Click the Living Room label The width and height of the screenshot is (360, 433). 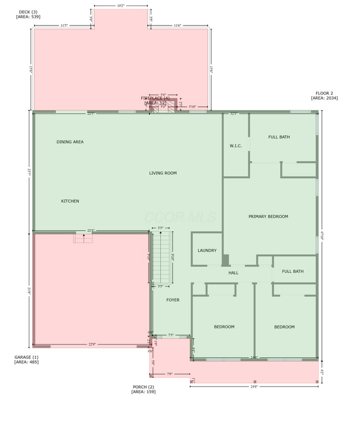(163, 173)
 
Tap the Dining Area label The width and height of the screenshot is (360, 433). (70, 142)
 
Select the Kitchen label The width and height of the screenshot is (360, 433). (70, 201)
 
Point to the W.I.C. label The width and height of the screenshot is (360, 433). (235, 146)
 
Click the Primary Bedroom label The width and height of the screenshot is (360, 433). (268, 216)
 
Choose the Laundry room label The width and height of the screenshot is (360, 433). (207, 251)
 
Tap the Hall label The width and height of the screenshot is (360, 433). (233, 273)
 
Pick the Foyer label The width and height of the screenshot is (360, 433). (173, 300)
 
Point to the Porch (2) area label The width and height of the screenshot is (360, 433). (143, 389)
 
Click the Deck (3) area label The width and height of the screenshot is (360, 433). (27, 14)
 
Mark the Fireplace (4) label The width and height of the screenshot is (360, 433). (155, 100)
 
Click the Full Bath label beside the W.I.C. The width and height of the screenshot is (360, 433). (279, 137)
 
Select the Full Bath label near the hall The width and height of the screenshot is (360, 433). (292, 271)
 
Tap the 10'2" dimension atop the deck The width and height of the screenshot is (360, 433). (121, 6)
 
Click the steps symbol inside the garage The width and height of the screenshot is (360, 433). (84, 238)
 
